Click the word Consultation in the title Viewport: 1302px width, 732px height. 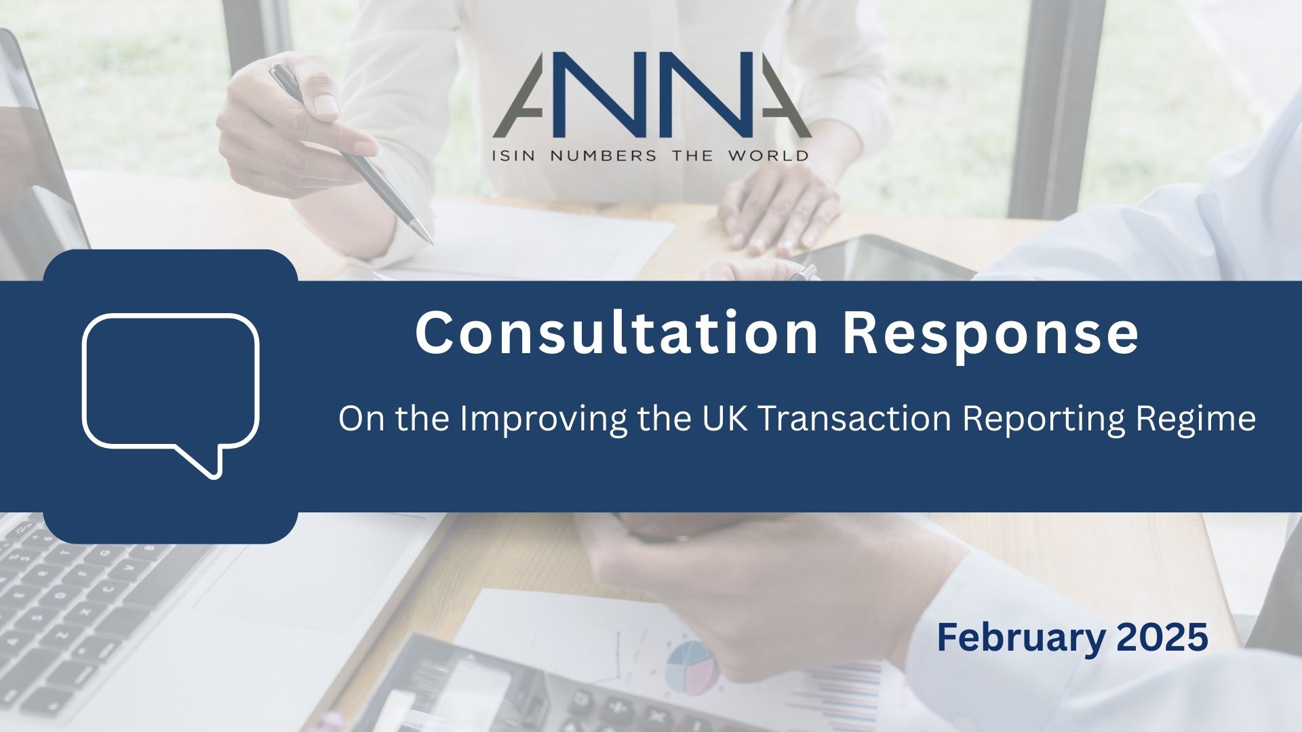point(616,332)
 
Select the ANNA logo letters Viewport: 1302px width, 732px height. point(651,94)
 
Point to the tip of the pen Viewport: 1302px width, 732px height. point(431,242)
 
